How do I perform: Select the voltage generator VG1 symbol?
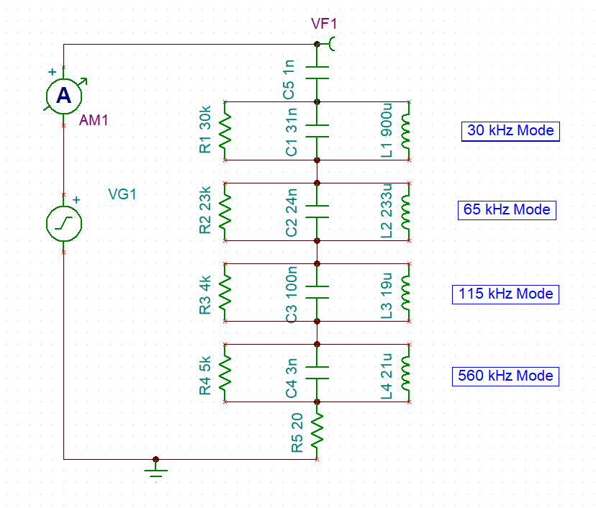64,223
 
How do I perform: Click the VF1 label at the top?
324,24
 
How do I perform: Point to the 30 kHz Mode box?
510,130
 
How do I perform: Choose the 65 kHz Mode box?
507,209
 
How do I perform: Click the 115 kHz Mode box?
505,294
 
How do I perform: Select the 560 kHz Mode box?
505,376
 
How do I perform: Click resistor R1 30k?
225,131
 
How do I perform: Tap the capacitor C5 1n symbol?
317,73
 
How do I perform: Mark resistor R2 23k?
225,212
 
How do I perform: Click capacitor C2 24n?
317,212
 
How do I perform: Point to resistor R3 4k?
225,292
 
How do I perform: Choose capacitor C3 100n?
317,292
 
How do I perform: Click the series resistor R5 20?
317,430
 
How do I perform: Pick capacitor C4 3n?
317,373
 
